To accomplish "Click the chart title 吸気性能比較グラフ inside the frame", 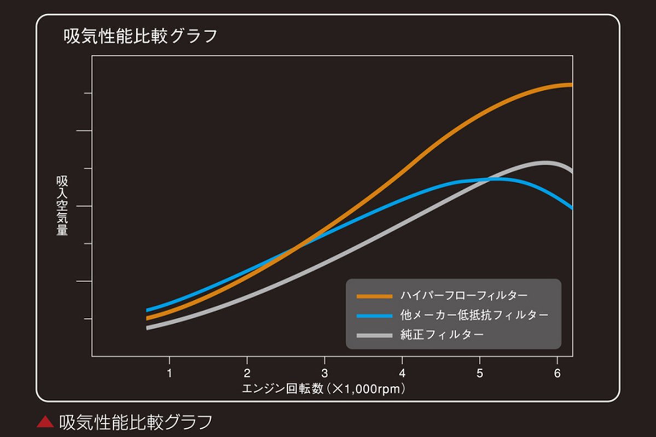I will coord(141,37).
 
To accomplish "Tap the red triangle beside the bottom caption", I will coord(45,422).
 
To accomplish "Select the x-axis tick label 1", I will coord(169,374).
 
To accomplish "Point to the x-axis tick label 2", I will coord(247,374).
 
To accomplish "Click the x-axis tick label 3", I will coord(324,374).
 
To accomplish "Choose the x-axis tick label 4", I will coord(402,374).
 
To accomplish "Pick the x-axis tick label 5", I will coord(480,374).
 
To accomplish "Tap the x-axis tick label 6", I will coord(557,374).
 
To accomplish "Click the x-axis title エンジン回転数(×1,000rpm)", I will coord(325,389).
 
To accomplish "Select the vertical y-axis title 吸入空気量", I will coord(62,206).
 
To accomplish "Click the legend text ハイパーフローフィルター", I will coord(464,296).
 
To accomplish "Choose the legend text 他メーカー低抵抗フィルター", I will coord(474,316).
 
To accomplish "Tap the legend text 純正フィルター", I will coord(442,335).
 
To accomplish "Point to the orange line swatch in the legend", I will coord(374,296).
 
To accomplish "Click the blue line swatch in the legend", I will coord(374,316).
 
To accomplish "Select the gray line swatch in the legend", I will coord(374,335).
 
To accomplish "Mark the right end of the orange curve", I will coord(571,85).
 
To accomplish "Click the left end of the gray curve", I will coord(148,328).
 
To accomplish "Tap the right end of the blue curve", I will coord(571,207).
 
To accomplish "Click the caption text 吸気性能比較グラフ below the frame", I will coord(135,422).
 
